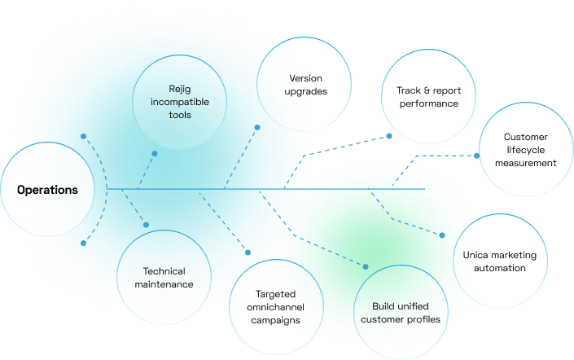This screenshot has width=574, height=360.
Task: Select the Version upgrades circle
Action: [x=304, y=85]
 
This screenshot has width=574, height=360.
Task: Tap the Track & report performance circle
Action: [x=428, y=98]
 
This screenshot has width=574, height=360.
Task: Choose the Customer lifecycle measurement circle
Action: [x=525, y=150]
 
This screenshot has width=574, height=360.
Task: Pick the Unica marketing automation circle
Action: [x=500, y=261]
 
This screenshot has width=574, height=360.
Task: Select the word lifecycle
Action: [x=525, y=150]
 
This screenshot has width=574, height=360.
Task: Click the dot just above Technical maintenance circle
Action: [x=147, y=225]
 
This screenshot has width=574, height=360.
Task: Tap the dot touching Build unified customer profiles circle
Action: [x=366, y=266]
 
